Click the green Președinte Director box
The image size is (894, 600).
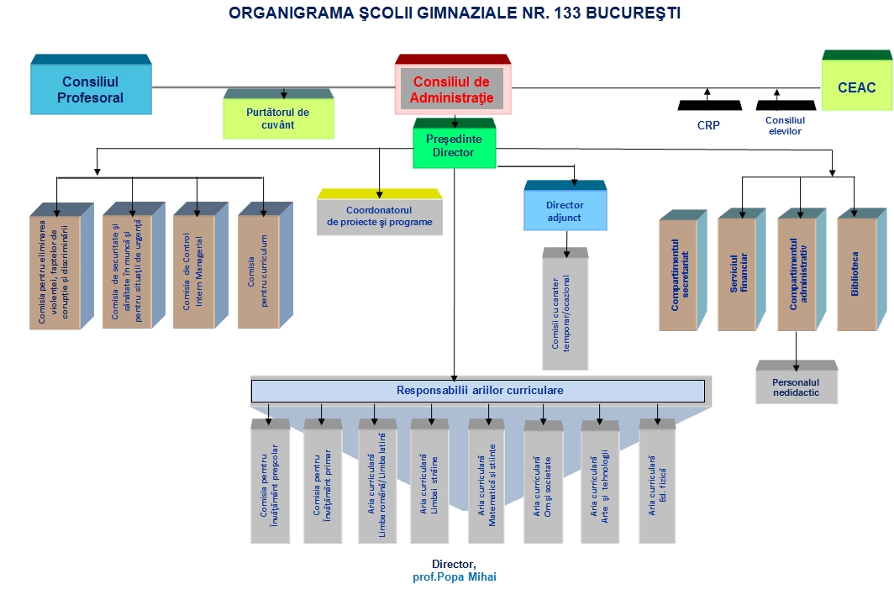(455, 144)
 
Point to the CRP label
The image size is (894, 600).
(708, 125)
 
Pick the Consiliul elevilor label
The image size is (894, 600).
(785, 125)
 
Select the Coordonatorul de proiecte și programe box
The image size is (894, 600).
(380, 212)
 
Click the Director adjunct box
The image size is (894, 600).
(565, 206)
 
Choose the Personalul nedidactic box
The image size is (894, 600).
(797, 382)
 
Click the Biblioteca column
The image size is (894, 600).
(861, 270)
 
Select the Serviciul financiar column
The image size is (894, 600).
(740, 270)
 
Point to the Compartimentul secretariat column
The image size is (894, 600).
(682, 271)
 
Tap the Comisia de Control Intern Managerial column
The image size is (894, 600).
(200, 266)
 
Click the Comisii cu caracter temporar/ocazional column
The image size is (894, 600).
(565, 308)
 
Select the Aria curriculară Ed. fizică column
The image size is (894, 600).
(657, 482)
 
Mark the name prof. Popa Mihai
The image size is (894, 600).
(455, 577)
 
